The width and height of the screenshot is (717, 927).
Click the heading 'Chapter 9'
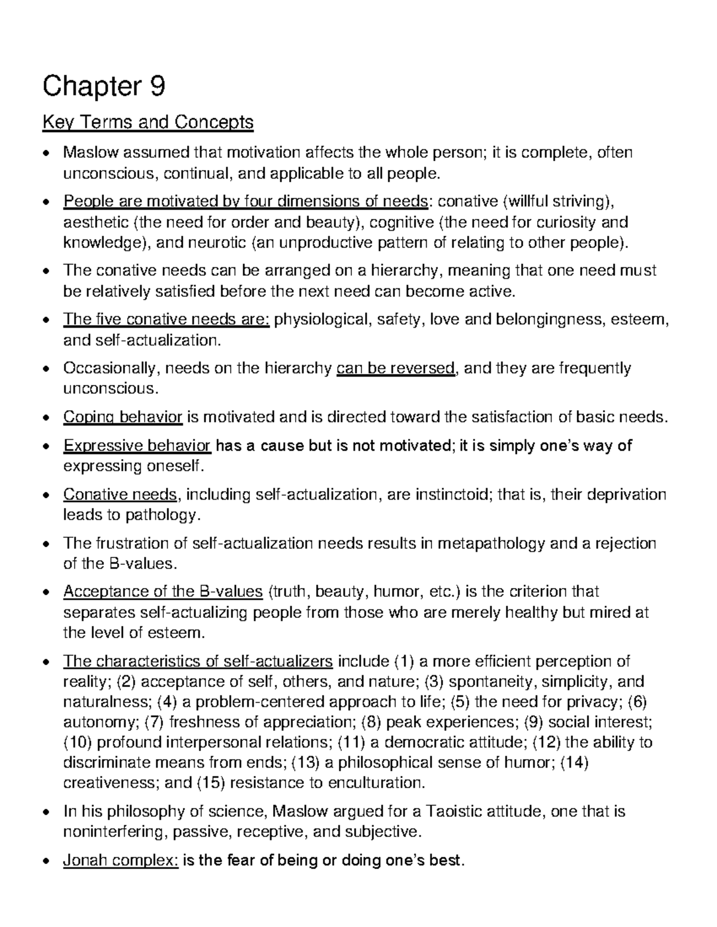[103, 87]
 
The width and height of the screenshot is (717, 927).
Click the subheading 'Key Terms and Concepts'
[148, 123]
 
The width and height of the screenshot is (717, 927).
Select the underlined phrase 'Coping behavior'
[122, 417]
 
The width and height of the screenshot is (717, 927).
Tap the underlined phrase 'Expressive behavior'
[137, 445]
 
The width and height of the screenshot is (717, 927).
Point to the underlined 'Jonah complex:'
[121, 860]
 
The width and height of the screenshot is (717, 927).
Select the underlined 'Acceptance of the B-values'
[163, 592]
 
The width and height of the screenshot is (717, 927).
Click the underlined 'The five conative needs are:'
[167, 319]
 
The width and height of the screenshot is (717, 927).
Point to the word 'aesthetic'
[96, 223]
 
